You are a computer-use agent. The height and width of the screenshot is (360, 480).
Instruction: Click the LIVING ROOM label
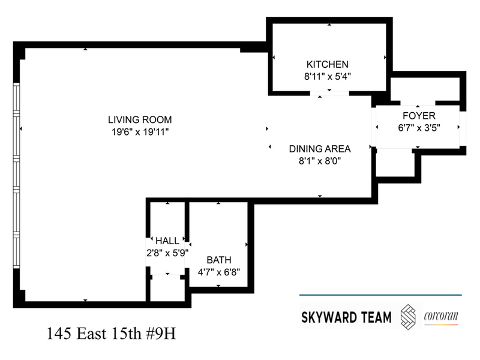[140, 119]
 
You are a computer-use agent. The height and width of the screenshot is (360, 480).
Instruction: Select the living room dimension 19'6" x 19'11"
[140, 132]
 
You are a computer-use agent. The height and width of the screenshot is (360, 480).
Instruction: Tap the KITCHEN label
[327, 64]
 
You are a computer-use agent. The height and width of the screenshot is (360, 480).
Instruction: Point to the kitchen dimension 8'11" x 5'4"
[327, 76]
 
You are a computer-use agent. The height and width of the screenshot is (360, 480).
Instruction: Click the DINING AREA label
[320, 149]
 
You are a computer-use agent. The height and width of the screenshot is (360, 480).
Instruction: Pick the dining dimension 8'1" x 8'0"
[320, 161]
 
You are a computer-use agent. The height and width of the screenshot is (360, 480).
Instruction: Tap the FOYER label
[419, 116]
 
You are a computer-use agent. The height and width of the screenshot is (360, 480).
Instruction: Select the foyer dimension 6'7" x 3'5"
[419, 128]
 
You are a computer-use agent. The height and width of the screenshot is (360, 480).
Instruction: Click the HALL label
[167, 241]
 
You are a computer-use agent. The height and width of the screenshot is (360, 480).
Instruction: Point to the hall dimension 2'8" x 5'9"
[167, 253]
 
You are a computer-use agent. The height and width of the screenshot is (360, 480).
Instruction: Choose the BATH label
[219, 260]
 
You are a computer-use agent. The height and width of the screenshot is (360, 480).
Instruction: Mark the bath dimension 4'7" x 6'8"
[219, 272]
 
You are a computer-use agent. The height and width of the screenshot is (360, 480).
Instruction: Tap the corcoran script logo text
[441, 316]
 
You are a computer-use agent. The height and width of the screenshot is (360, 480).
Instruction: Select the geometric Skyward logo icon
[408, 317]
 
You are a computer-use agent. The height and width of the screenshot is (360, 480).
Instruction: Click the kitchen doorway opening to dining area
[329, 94]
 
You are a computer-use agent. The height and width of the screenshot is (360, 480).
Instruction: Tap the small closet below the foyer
[395, 163]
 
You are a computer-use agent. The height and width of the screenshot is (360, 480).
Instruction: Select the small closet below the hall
[167, 288]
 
